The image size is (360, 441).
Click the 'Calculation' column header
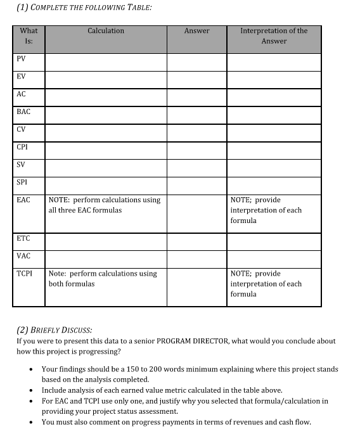[106, 30]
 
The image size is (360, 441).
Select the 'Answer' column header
[196, 30]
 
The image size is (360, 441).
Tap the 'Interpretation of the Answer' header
[274, 35]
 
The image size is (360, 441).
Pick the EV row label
[22, 76]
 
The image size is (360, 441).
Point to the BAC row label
[23, 112]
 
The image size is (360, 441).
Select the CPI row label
[22, 147]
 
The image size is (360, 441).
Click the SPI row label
[22, 182]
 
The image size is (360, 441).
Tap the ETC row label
[23, 238]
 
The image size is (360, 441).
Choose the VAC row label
[23, 256]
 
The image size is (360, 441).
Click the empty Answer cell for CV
[196, 132]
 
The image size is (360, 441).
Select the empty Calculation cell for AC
[106, 97]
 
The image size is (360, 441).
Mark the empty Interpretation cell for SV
[274, 168]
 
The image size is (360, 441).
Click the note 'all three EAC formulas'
[85, 210]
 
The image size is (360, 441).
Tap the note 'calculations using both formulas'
[103, 279]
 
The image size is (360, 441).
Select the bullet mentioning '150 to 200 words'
[190, 374]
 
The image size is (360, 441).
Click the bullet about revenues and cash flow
[176, 422]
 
